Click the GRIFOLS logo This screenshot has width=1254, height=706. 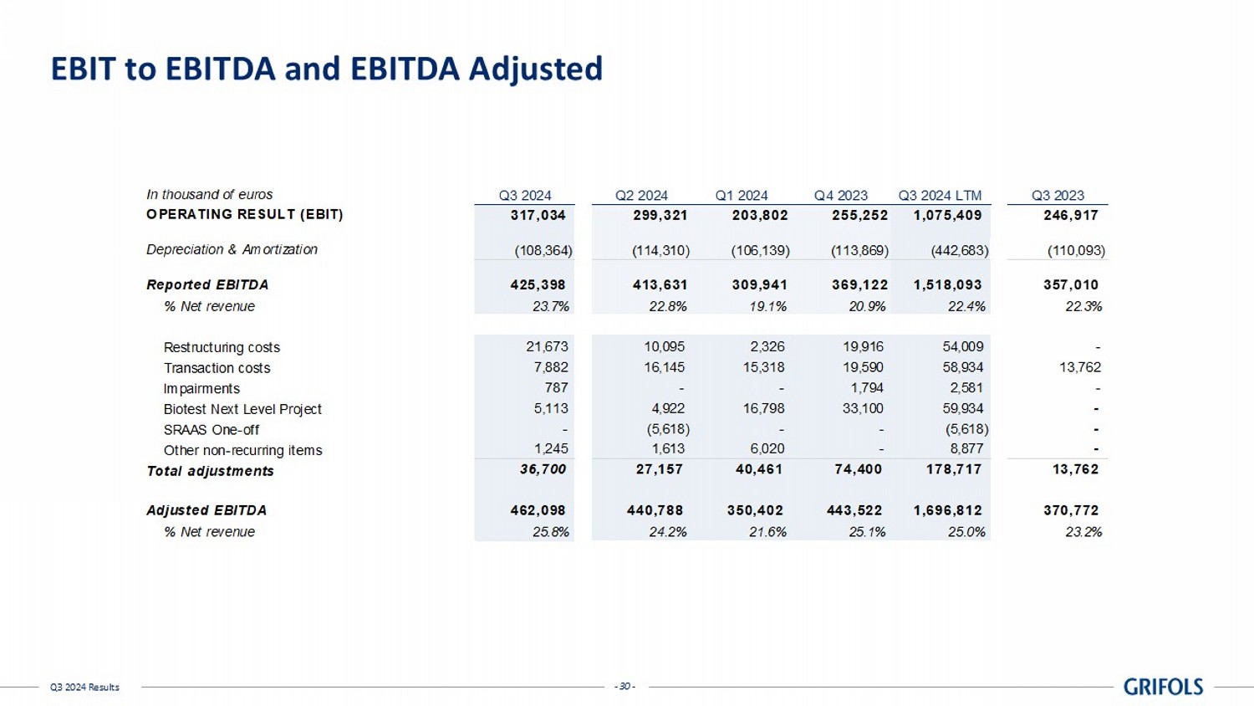coord(1163,687)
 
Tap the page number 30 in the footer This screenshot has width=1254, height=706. coord(625,687)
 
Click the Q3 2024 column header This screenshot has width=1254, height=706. coord(525,196)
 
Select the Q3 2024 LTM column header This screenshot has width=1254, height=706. coord(940,196)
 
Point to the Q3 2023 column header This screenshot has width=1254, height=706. coord(1058,196)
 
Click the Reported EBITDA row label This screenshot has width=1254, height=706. coord(207,285)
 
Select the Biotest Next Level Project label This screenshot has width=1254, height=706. coord(242,409)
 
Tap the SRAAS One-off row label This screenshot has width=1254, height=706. coord(212,430)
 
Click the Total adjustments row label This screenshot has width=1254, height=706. coord(210,471)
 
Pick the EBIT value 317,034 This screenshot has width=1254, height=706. coord(538,215)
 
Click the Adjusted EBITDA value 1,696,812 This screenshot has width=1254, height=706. coord(948,510)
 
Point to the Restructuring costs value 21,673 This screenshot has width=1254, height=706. coord(547,346)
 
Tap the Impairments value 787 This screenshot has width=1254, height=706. coord(556,387)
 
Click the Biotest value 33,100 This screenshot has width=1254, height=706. coord(864,408)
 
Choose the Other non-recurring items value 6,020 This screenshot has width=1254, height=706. coord(766,449)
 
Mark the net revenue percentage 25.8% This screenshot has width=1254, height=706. coord(551,532)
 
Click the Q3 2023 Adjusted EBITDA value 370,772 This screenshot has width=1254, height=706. coord(1071,510)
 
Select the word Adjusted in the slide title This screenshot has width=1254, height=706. coord(535,69)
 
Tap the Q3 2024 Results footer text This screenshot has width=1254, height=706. coord(84,688)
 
